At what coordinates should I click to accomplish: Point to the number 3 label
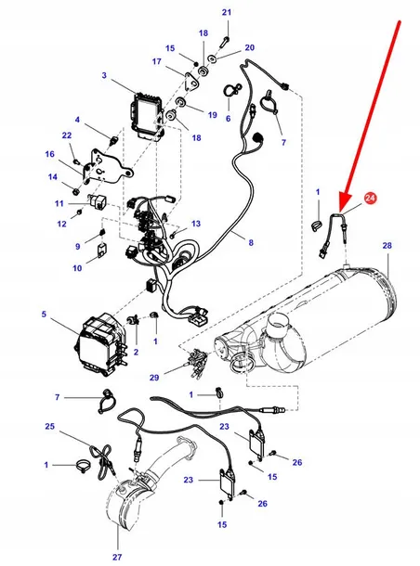pos(104,75)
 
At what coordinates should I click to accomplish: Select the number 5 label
pos(43,315)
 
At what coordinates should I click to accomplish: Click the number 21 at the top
pos(225,11)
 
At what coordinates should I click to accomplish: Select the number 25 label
pos(48,427)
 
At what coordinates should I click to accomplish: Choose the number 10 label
pos(76,268)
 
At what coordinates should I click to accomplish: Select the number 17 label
pos(156,62)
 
